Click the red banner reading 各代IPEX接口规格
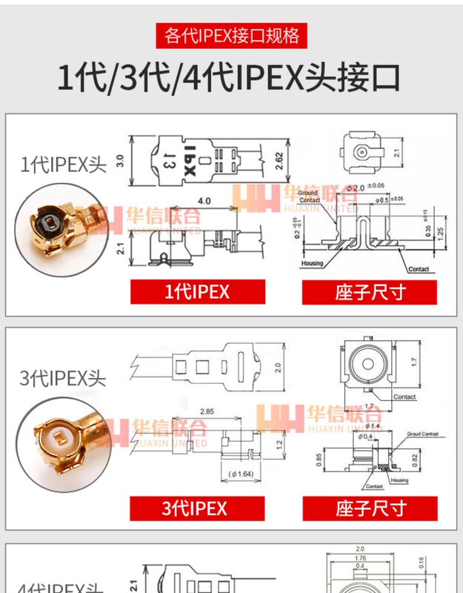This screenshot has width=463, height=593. [231, 35]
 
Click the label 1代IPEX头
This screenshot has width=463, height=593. [64, 163]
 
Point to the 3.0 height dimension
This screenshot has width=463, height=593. [119, 160]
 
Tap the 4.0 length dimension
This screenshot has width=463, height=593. [204, 201]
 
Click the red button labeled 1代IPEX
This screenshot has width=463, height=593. [196, 291]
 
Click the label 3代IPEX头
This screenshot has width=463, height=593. [64, 378]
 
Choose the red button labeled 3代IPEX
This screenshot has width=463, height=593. [196, 508]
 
